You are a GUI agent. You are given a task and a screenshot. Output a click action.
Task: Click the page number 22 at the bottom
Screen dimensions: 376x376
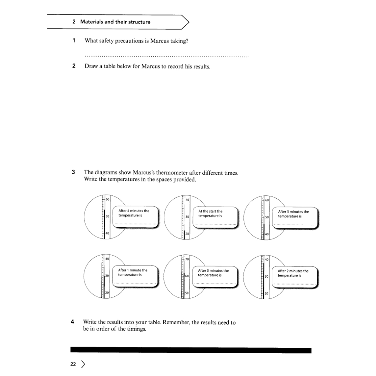pos(73,364)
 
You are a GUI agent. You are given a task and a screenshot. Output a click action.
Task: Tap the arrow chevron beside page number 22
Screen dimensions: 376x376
pos(84,364)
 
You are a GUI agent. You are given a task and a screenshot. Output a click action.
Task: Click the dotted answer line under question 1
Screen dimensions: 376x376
pos(166,57)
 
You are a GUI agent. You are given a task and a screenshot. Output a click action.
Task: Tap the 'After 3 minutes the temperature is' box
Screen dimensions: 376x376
pos(295,217)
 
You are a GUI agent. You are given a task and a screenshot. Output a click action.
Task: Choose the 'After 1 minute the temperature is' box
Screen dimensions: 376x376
pos(136,276)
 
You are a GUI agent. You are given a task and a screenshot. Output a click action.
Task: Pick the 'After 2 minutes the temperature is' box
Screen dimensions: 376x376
pos(295,277)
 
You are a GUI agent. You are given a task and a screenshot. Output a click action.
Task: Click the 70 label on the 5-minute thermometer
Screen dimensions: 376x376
pos(187,259)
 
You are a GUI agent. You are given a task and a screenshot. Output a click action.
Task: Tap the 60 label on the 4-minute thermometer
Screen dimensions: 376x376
pos(108,199)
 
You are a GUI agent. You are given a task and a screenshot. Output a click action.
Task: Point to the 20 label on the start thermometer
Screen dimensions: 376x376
pos(187,234)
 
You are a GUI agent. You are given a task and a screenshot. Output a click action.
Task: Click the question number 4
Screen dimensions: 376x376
pos(73,322)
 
